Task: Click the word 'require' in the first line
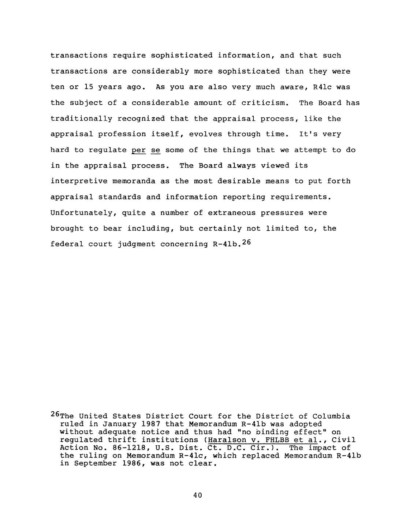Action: coord(129,56)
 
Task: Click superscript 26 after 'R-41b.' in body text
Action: coord(246,242)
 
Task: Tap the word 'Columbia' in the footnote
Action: coord(331,416)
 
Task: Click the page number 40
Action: coord(197,495)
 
